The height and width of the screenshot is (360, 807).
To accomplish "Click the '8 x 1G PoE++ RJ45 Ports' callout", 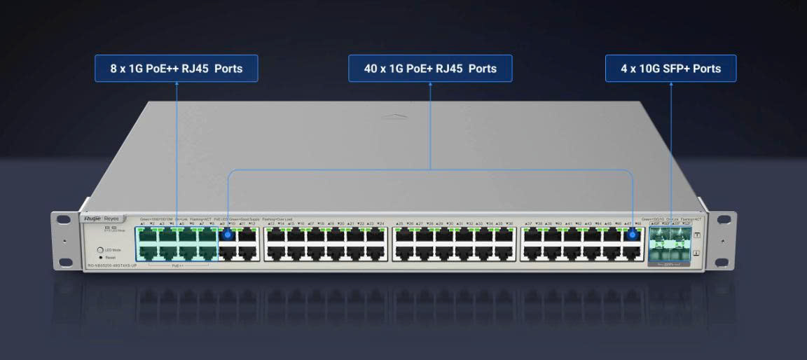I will coord(177,69).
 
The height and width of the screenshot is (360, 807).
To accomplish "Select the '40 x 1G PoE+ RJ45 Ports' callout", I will coord(430,69).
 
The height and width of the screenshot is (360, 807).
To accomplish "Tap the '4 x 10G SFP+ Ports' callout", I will coord(670,69).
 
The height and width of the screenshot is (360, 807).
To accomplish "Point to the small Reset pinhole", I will coord(102,258).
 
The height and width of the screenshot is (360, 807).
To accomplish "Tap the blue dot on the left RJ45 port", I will coord(227,235).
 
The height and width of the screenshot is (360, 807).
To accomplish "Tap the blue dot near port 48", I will coord(633,235).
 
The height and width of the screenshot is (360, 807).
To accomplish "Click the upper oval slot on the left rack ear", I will coord(64,219).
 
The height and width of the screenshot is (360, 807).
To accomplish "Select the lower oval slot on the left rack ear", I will coord(64,262).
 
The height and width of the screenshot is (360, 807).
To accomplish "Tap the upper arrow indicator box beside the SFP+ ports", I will coord(696,235).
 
